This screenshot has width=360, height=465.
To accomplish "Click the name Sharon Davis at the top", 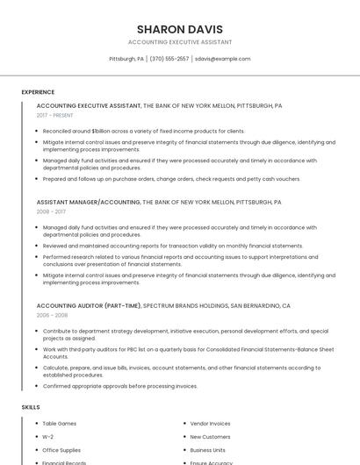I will point(180,29).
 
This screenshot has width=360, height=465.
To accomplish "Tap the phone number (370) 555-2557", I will point(169,59).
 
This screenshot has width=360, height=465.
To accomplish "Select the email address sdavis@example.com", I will point(222,59).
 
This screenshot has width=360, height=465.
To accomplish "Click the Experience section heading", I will point(38,92).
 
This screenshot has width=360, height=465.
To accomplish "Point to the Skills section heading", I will point(31,407).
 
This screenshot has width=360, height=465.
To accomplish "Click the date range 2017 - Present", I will point(54,115).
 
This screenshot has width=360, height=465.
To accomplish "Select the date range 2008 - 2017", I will point(51,211).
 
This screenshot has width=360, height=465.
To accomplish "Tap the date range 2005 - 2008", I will point(52,315).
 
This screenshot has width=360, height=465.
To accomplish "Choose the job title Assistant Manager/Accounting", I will point(88,202).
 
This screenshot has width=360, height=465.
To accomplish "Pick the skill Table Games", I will point(60,424).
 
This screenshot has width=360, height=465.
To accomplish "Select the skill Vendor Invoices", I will point(210,424).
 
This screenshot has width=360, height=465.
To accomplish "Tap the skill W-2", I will point(48,436).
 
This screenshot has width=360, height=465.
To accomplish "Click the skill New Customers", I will point(210,436).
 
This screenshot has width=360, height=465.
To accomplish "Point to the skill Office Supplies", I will point(61,449).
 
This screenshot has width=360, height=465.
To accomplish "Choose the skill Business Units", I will point(207,449).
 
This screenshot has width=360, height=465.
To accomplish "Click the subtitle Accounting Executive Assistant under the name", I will point(180,42).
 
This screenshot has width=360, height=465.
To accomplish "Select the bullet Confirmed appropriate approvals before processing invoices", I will point(120,386).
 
